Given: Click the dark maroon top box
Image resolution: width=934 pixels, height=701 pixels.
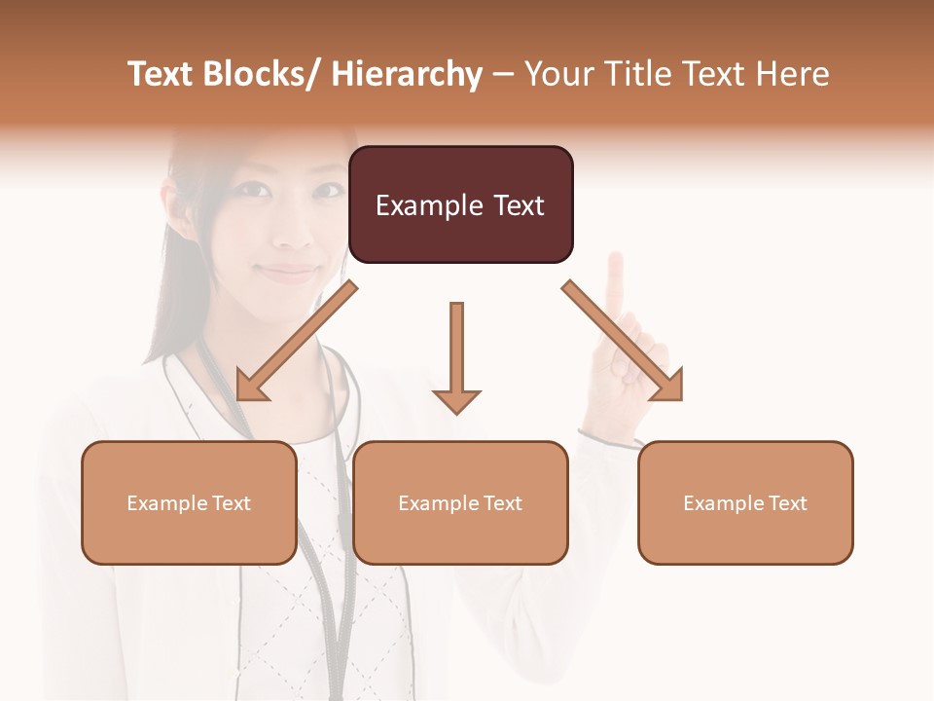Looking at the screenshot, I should pos(460,204).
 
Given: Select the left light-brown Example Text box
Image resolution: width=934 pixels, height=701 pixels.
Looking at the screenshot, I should pos(189,502).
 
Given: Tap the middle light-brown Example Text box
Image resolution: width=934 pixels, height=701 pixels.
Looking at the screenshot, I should pos(460,502).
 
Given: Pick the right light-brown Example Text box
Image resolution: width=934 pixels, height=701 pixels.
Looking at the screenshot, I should pos(745,502).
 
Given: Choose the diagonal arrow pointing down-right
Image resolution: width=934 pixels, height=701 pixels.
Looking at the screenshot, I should pos(624,342).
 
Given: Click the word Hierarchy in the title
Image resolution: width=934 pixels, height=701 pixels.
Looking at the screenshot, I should pos(407,74).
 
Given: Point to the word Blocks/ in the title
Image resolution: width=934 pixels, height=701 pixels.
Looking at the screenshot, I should pos(262,74).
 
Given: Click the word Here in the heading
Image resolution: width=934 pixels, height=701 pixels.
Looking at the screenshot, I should pos(792,74).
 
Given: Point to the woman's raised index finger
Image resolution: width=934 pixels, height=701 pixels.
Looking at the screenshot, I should pos(615,277).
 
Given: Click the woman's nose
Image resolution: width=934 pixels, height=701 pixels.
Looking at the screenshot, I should pos(293,232).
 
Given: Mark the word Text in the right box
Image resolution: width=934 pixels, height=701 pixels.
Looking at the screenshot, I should pos(787,503).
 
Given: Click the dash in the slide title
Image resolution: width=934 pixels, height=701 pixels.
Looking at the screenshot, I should pos(503,74).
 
